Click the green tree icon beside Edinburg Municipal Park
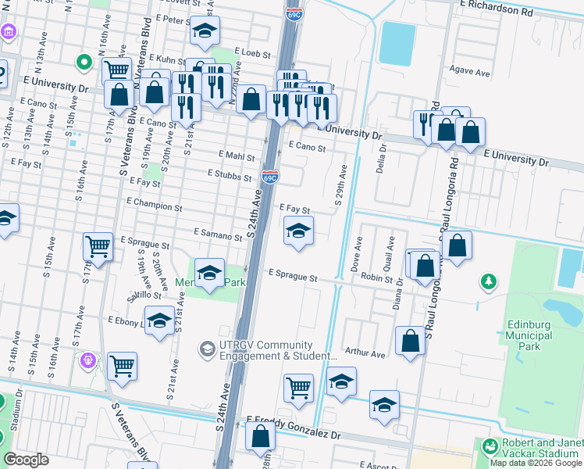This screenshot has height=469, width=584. (x=490, y=281)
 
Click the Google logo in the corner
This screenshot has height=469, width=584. (x=27, y=459)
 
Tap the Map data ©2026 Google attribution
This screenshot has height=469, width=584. (x=535, y=463)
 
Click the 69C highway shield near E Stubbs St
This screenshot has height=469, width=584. (x=270, y=177)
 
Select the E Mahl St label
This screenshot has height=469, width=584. (x=237, y=156)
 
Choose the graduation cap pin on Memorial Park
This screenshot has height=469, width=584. (x=209, y=273)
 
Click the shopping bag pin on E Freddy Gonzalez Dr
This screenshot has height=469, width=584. (x=260, y=436)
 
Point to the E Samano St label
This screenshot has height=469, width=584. (x=219, y=235)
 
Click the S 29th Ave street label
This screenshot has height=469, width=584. (x=341, y=185)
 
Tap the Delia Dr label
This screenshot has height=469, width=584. (x=381, y=159)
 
